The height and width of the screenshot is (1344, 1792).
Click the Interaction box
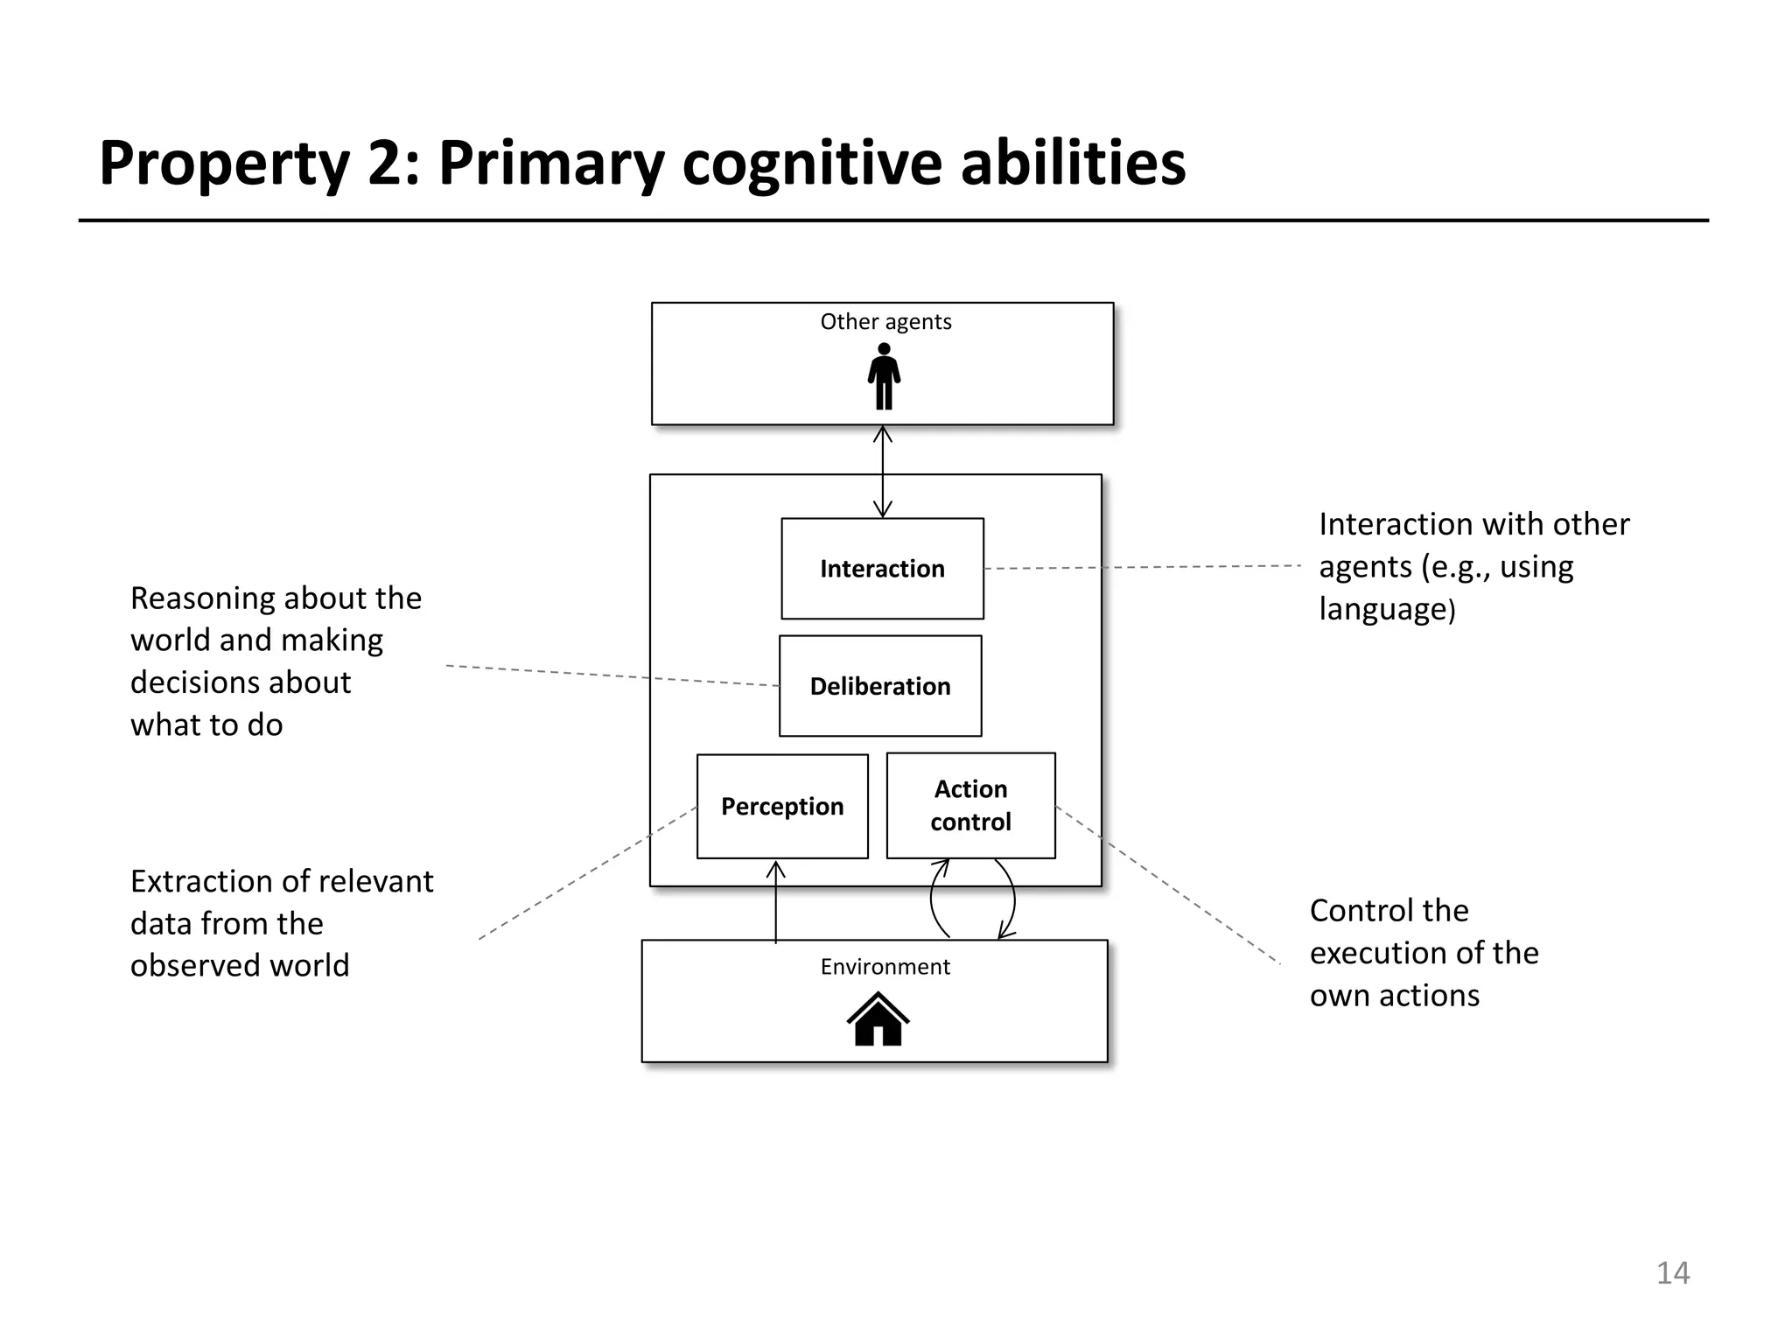click(882, 569)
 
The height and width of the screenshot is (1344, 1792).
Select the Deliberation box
click(880, 686)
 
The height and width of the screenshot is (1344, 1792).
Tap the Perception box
click(782, 806)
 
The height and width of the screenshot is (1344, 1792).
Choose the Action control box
click(970, 805)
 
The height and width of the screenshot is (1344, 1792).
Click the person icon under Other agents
click(884, 376)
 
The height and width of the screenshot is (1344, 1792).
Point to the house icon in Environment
click(878, 1019)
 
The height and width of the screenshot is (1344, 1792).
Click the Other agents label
click(885, 322)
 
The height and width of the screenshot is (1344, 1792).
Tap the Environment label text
click(885, 967)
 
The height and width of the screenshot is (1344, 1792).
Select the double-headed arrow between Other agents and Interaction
click(883, 472)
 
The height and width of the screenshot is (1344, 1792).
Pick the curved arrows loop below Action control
click(972, 899)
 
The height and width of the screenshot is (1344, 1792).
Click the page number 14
click(1672, 1272)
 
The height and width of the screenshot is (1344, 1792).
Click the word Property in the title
click(224, 164)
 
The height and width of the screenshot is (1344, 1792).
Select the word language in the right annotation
click(1384, 609)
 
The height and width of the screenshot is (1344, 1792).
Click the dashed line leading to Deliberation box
click(612, 675)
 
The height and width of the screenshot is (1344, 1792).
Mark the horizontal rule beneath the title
click(892, 220)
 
